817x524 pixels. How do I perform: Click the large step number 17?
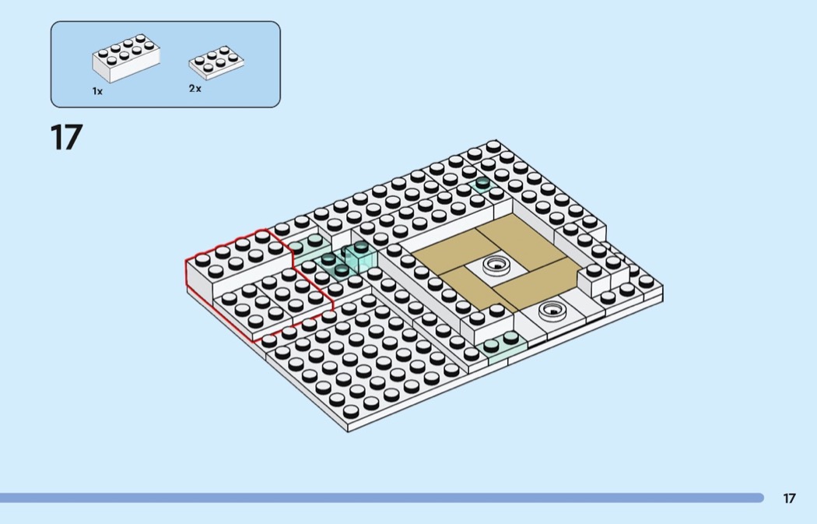66,138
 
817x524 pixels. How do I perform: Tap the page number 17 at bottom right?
789,498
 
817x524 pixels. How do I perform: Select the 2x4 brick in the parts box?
126,58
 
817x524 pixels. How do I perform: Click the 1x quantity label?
97,91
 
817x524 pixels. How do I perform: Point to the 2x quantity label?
195,89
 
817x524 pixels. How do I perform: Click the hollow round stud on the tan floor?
494,266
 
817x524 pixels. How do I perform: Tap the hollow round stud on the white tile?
551,308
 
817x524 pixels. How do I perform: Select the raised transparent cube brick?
361,257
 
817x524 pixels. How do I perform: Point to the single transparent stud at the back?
482,185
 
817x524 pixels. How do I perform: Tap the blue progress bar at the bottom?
381,498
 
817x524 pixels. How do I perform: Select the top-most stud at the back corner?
493,146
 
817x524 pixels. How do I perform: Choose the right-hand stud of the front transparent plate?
510,338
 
